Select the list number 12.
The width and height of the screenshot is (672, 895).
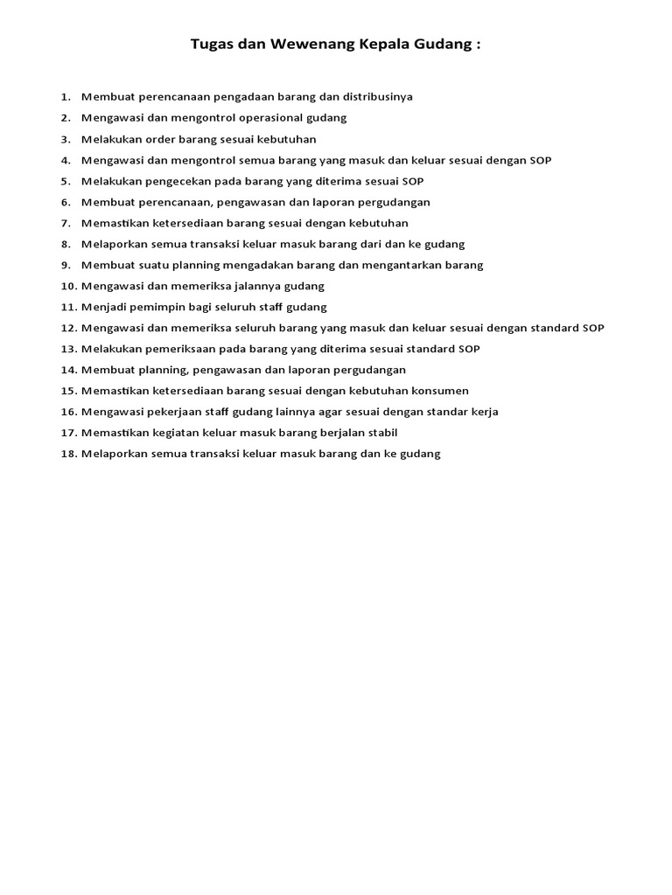(68, 328)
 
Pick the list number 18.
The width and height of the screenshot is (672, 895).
(68, 454)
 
